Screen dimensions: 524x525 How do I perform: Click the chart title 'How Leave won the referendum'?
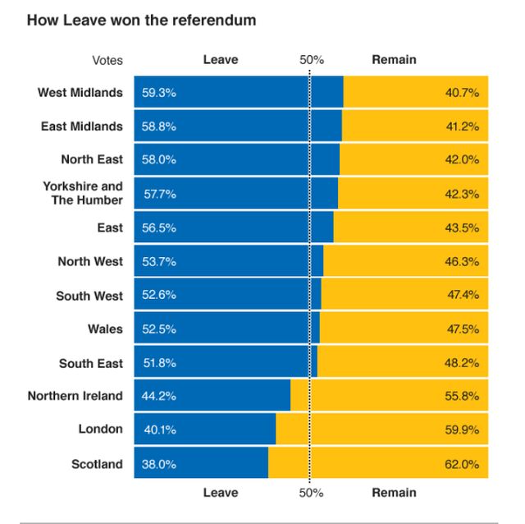(141, 19)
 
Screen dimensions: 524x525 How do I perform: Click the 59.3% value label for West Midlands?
(159, 93)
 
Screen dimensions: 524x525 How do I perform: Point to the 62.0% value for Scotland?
(462, 464)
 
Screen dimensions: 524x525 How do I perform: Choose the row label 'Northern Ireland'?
(75, 396)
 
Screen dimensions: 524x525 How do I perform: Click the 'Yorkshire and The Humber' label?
(83, 193)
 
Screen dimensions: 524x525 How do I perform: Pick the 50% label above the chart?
(311, 60)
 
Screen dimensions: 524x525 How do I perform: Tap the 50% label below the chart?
(311, 493)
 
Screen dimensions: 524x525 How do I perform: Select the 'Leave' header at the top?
(221, 60)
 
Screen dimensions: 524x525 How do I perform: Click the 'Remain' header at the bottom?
(394, 493)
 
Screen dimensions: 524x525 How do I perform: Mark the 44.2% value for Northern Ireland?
(159, 396)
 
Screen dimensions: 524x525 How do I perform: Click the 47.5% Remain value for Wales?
(463, 329)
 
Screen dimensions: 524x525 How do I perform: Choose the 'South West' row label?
(89, 296)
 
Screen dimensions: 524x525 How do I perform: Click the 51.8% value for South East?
(159, 363)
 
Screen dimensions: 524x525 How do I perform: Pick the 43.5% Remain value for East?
(463, 228)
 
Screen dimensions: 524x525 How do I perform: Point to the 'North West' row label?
(90, 262)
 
